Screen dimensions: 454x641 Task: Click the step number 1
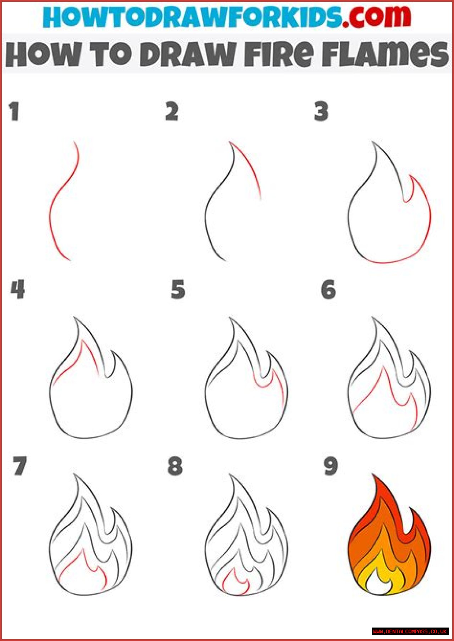tap(14, 112)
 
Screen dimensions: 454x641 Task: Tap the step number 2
tap(172, 112)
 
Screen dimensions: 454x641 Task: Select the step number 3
tap(321, 112)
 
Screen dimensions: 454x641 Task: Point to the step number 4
tap(18, 289)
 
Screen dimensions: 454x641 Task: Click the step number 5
tap(178, 289)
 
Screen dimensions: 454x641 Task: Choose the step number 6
tap(328, 289)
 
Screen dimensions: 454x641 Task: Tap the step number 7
tap(20, 466)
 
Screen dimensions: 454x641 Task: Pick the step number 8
tap(175, 466)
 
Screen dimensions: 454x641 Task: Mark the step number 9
tap(331, 466)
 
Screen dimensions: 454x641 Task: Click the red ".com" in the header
tap(377, 17)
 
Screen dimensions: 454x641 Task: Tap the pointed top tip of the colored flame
tap(373, 474)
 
